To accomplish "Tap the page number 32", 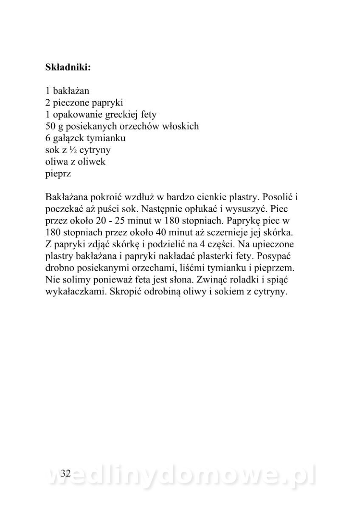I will (65, 474).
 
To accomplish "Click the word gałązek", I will (67, 138).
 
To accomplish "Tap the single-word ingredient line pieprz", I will (56, 174).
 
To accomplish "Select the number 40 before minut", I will (152, 233).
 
